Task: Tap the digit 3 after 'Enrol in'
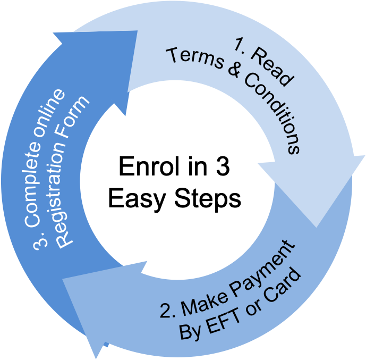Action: click(x=223, y=166)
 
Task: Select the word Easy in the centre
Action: click(x=137, y=199)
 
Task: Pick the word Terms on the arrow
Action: click(x=195, y=58)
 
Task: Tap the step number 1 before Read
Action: click(x=241, y=46)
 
